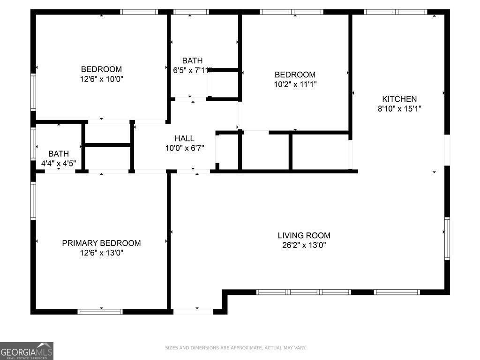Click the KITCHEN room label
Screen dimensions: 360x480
click(x=399, y=99)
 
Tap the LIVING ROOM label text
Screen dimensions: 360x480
click(x=304, y=235)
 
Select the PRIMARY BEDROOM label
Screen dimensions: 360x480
click(x=101, y=243)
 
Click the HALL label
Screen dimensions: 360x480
click(x=184, y=138)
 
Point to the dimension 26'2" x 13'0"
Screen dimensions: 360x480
click(x=304, y=245)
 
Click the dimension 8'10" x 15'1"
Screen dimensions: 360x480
click(x=399, y=109)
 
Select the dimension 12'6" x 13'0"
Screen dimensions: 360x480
click(x=101, y=253)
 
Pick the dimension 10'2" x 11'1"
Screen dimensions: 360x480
click(x=295, y=84)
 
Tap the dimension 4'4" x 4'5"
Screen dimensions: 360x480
click(x=59, y=164)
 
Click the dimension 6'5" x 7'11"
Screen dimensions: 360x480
click(x=193, y=70)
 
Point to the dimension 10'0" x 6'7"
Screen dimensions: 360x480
click(x=184, y=148)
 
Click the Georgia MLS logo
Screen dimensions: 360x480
click(x=27, y=351)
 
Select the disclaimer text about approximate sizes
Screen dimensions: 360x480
click(x=235, y=348)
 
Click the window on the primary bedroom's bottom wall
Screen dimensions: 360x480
click(x=100, y=311)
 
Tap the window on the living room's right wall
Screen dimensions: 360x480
click(x=447, y=239)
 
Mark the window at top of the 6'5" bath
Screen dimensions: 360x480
click(x=191, y=12)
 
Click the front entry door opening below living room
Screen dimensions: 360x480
click(x=193, y=311)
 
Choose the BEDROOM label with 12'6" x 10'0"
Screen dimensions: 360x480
click(x=101, y=69)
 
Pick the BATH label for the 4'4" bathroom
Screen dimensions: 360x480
click(x=59, y=154)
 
